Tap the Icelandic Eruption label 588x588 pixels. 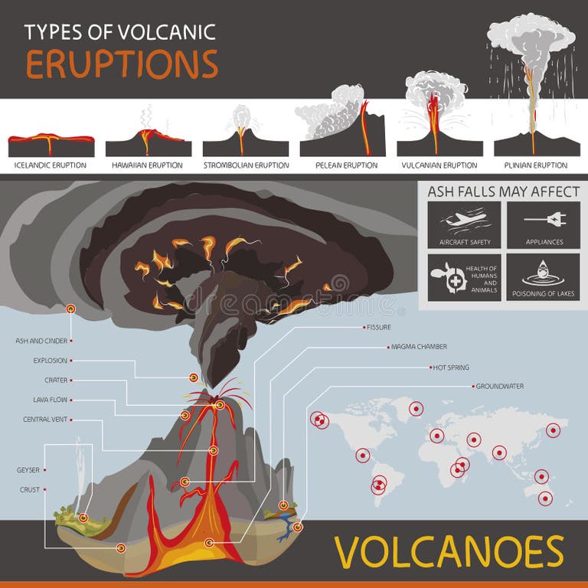click(x=51, y=165)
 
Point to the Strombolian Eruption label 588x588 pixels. click(x=246, y=165)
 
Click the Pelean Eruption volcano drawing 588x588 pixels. click(x=341, y=126)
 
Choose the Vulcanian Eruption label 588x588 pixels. click(x=439, y=165)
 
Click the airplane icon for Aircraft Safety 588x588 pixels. click(x=465, y=220)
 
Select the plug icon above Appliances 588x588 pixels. click(x=544, y=220)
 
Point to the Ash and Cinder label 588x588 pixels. click(x=41, y=340)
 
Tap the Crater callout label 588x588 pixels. click(x=55, y=380)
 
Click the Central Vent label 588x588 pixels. click(x=45, y=420)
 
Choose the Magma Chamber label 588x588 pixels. click(x=414, y=347)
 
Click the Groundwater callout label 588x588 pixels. click(x=500, y=387)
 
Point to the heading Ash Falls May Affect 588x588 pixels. click(x=503, y=191)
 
